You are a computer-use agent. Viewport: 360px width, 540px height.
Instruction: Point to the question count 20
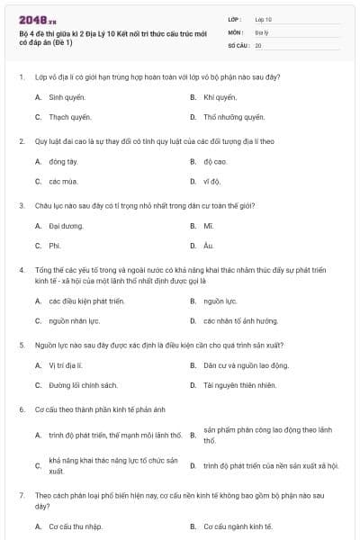(258, 44)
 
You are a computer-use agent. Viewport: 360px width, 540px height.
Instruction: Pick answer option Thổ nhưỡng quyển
(234, 117)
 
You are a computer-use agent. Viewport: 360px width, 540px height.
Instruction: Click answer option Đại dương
(66, 226)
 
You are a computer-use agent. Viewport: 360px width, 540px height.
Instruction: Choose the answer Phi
(55, 246)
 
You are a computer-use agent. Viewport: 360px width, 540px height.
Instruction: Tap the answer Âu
(208, 246)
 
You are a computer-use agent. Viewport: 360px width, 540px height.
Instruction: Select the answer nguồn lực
(220, 301)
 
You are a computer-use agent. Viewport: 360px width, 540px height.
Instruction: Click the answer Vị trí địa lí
(66, 365)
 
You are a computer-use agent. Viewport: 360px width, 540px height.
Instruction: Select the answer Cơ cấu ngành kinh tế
(238, 526)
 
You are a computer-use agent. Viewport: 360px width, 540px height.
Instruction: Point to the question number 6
(21, 409)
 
